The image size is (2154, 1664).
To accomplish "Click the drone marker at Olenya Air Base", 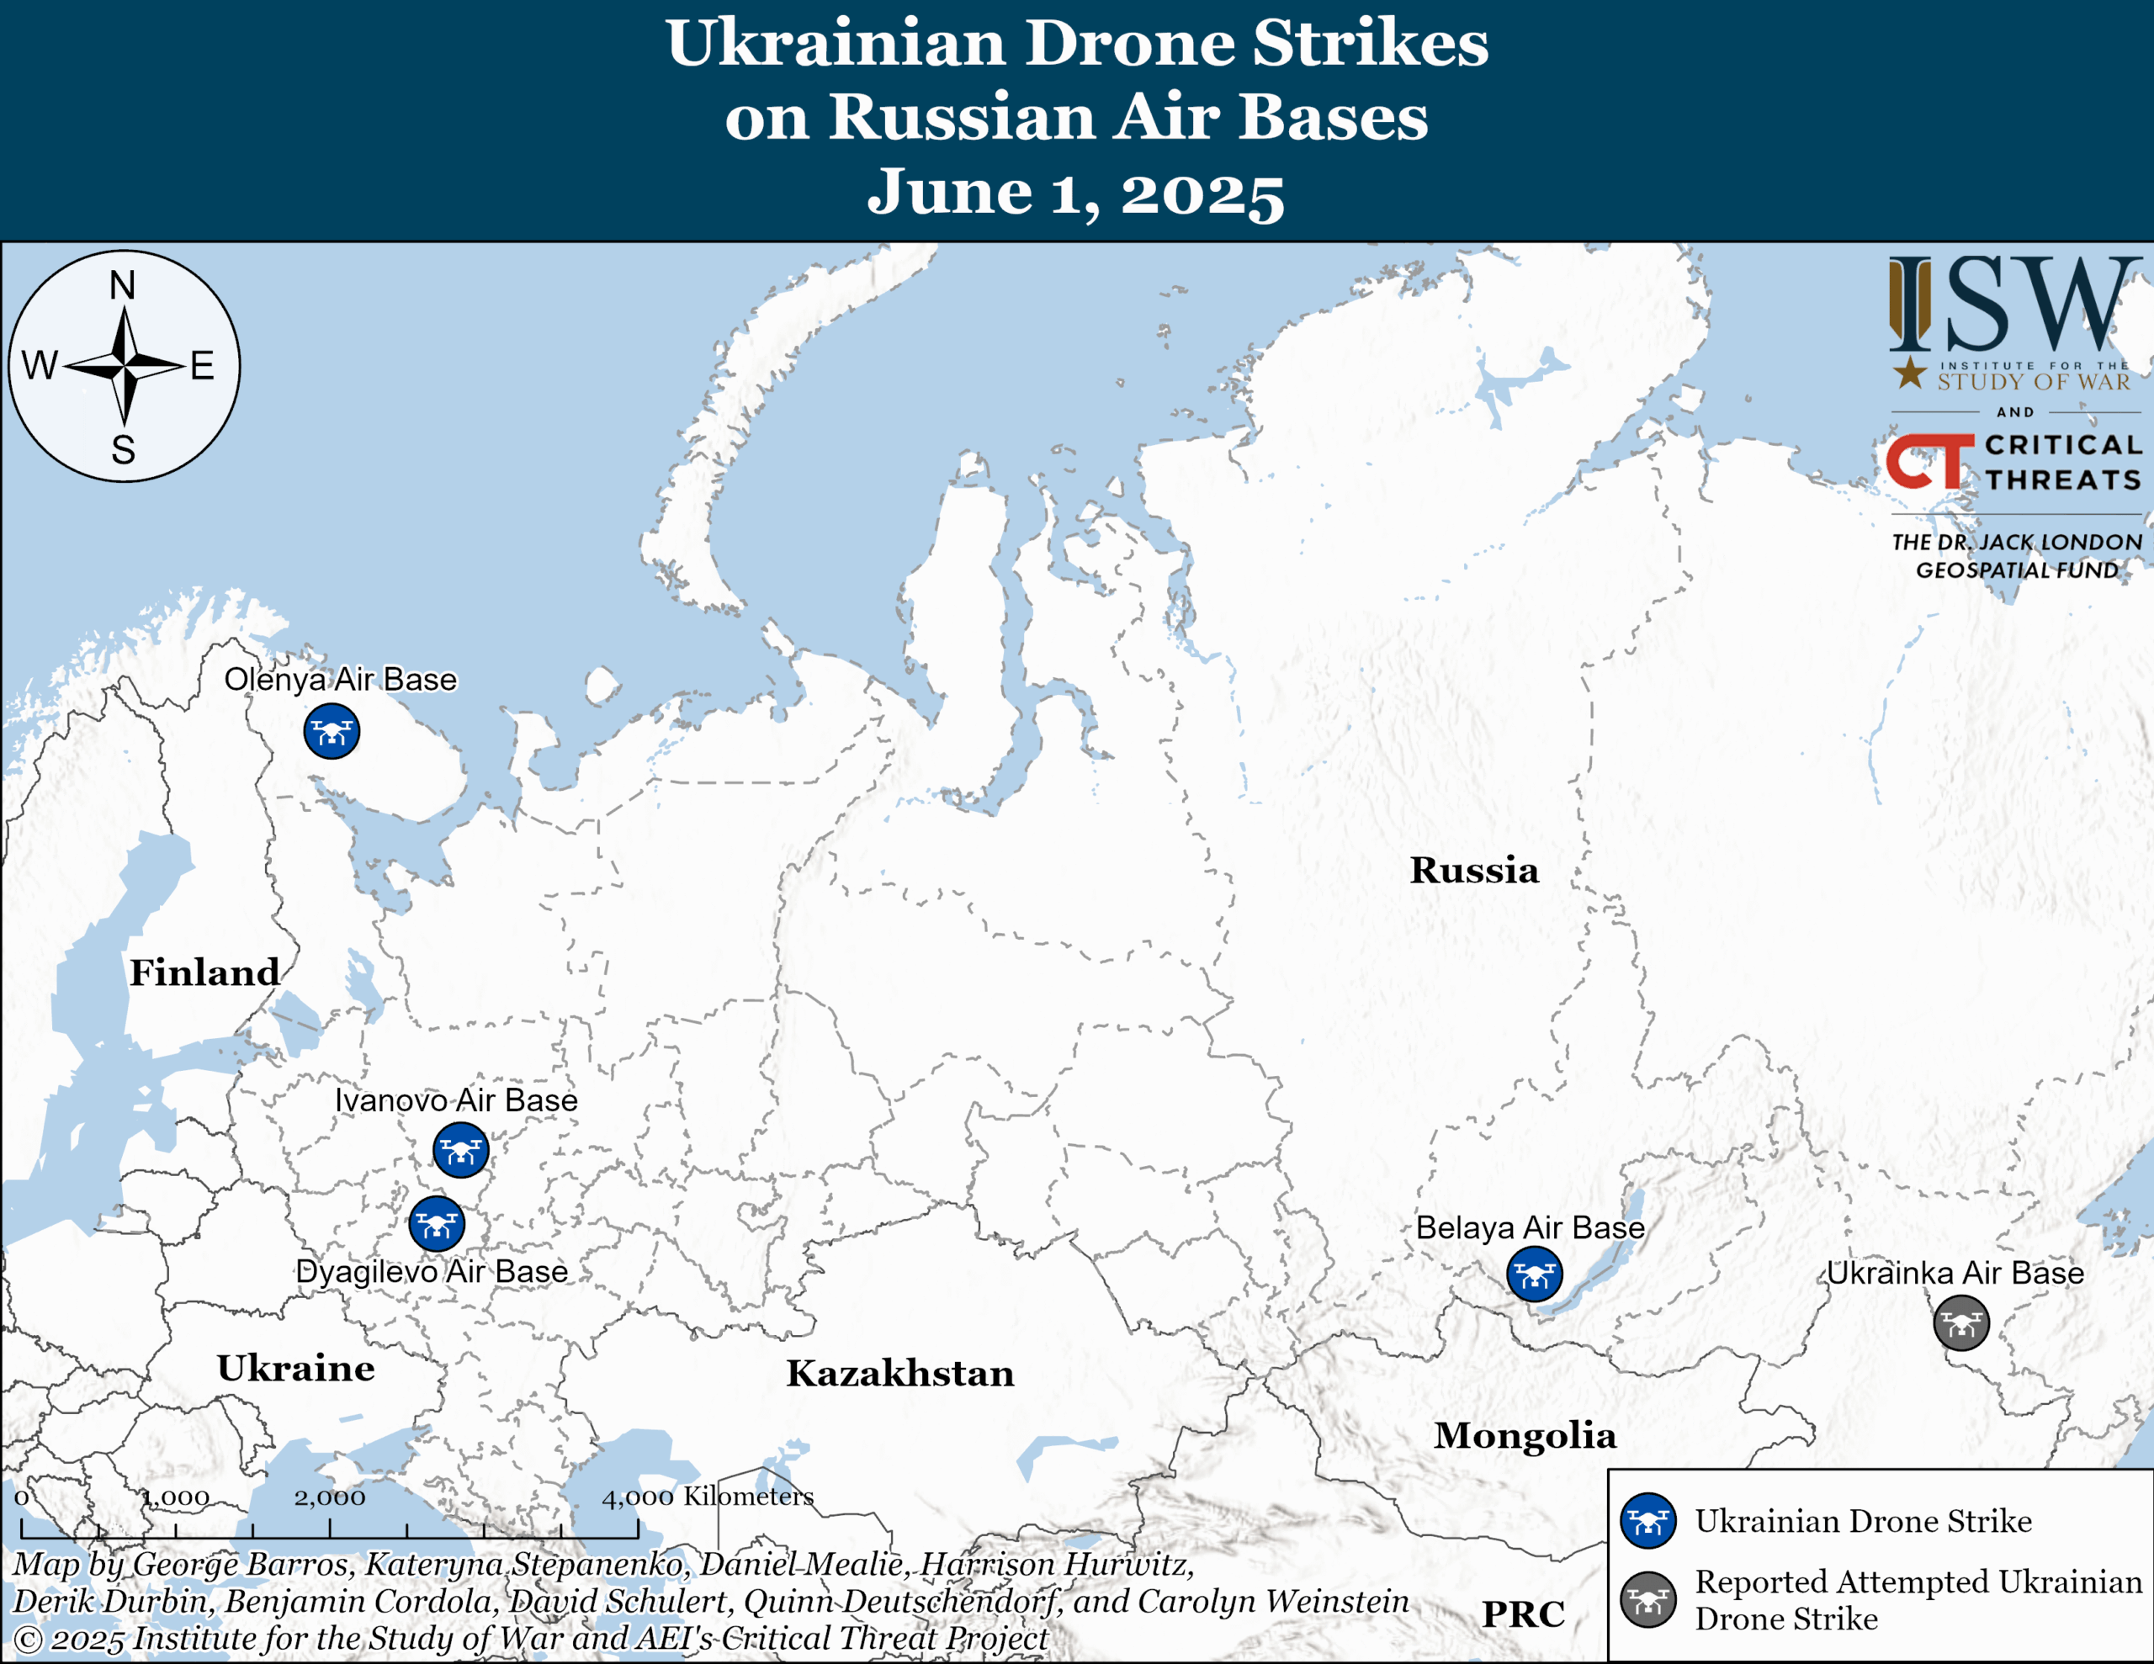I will pos(332,731).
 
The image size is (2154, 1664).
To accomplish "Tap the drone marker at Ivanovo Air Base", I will pos(460,1149).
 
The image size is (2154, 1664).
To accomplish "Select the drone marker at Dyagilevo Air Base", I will pos(436,1224).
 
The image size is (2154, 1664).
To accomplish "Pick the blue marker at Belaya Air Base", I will pos(1534,1274).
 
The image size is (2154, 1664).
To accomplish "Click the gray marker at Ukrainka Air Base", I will pos(1960,1322).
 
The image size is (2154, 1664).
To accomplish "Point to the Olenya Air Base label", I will pos(340,679).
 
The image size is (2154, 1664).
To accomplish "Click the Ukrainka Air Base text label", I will pos(1955,1273).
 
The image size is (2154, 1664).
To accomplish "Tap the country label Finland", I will pos(204,972).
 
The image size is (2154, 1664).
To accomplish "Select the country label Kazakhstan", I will pos(899,1372).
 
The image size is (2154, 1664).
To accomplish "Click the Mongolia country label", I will pos(1525,1435).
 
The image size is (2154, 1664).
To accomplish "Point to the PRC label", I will pos(1523,1614).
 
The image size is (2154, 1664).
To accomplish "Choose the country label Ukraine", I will pos(296,1367).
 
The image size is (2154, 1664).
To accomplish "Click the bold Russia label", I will pos(1473,869).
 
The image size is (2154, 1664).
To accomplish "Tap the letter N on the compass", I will pos(122,285).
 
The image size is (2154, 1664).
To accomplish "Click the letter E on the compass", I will pos(202,366).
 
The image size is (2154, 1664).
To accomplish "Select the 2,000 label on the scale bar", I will pos(330,1497).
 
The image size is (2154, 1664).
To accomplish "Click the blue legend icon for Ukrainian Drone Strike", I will pos(1647,1520).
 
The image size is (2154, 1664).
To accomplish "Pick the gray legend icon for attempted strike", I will pos(1647,1599).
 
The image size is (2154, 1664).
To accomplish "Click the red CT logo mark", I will pos(1929,461).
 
